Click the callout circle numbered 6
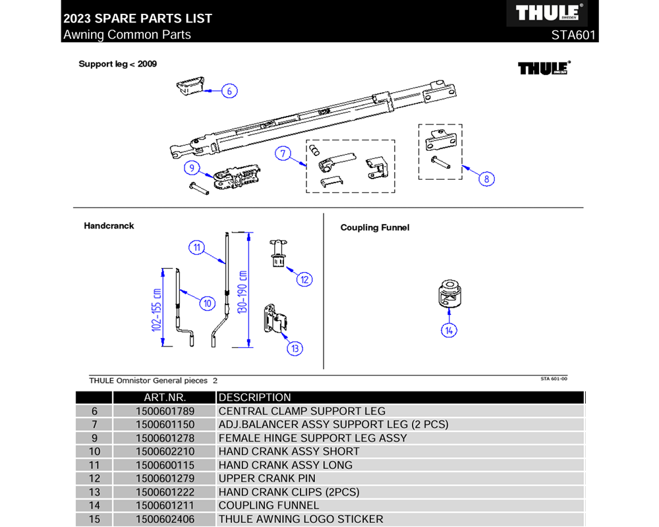229,91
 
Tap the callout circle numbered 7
283,154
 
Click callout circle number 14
449,330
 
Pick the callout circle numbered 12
304,279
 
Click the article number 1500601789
165,411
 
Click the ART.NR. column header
165,397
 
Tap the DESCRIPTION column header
254,397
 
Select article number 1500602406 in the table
165,519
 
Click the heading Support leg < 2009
117,64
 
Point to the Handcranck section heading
109,225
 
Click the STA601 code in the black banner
574,35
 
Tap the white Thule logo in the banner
546,13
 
